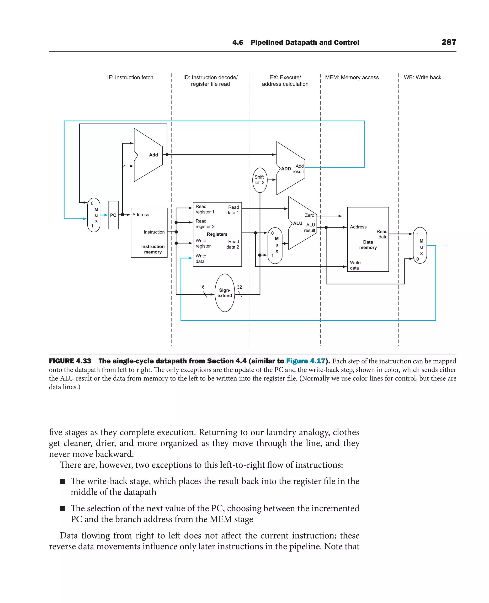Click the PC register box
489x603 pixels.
(113, 215)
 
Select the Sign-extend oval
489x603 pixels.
(224, 293)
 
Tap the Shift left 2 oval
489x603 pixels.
(260, 180)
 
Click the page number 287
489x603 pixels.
(448, 42)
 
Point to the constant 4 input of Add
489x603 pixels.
(124, 166)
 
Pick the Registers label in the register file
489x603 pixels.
(217, 234)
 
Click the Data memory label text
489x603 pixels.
(368, 244)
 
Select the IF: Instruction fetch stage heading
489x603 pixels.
(130, 77)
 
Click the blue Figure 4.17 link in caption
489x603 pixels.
(305, 361)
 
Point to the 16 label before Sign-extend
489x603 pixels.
(202, 287)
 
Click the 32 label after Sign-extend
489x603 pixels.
(239, 287)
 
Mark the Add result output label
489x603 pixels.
(299, 169)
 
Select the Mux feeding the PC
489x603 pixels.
(94, 215)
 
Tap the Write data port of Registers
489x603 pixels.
(201, 258)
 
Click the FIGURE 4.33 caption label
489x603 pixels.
(70, 361)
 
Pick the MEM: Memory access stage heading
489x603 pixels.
(351, 77)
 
